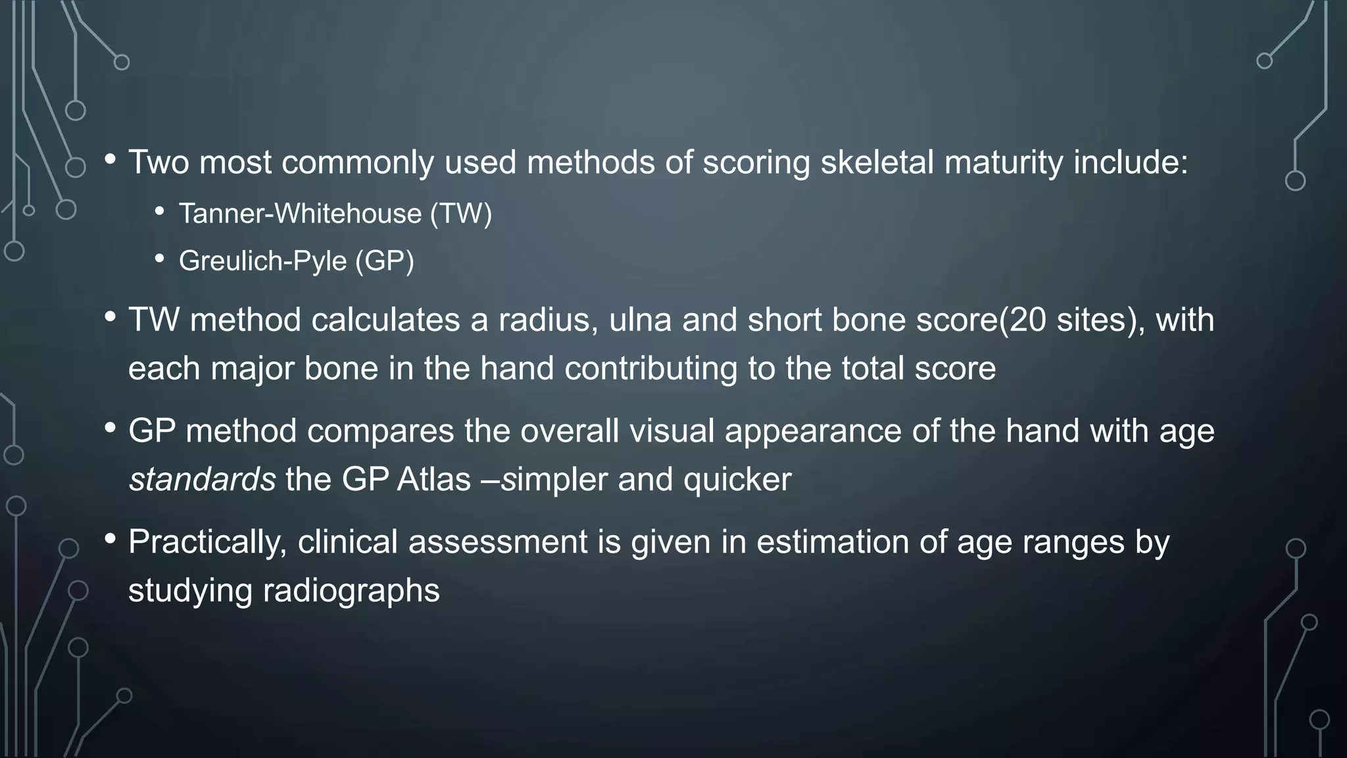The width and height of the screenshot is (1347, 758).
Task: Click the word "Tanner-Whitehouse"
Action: click(300, 214)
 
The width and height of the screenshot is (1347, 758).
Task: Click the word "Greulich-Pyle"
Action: click(262, 261)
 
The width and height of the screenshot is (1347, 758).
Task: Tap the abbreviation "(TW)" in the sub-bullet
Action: click(460, 214)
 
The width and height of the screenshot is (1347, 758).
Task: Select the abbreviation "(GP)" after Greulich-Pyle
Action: click(385, 261)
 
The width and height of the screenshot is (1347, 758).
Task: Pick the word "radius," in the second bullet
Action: click(548, 320)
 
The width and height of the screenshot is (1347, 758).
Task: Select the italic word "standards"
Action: click(202, 480)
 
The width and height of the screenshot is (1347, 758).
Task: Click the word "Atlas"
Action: click(433, 480)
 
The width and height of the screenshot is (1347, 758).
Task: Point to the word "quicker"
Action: click(737, 480)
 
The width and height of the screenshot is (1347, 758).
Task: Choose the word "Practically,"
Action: click(207, 543)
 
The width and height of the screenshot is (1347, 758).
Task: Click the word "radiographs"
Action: click(351, 590)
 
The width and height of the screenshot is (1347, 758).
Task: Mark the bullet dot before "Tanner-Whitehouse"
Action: click(160, 211)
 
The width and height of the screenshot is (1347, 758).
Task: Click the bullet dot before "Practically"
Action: click(110, 539)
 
